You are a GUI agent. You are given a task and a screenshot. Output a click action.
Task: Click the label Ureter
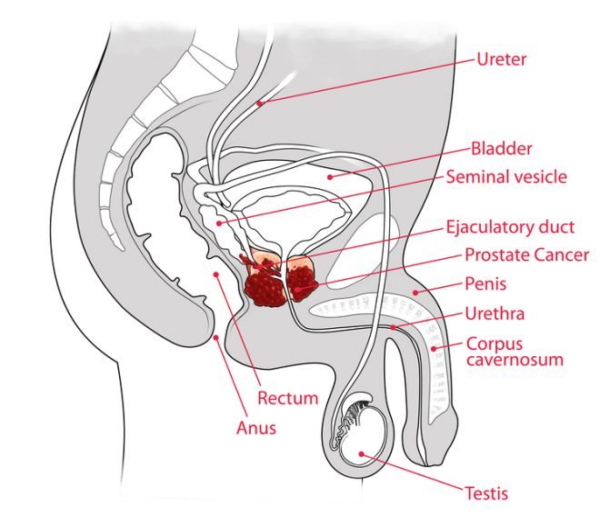pyautogui.click(x=502, y=61)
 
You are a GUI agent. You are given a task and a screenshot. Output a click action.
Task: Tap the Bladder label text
pyautogui.click(x=501, y=148)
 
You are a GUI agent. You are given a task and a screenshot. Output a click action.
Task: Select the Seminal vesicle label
pyautogui.click(x=505, y=176)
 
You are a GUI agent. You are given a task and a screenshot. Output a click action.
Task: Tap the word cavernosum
pyautogui.click(x=515, y=359)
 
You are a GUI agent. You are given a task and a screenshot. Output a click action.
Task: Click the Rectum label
pyautogui.click(x=288, y=397)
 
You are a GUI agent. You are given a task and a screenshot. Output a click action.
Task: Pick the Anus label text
pyautogui.click(x=258, y=426)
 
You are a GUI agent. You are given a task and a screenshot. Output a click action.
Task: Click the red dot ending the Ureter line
pyautogui.click(x=259, y=104)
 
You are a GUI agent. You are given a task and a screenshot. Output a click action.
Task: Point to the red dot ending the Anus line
pyautogui.click(x=216, y=339)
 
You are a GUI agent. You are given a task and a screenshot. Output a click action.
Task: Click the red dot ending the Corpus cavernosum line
pyautogui.click(x=435, y=349)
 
